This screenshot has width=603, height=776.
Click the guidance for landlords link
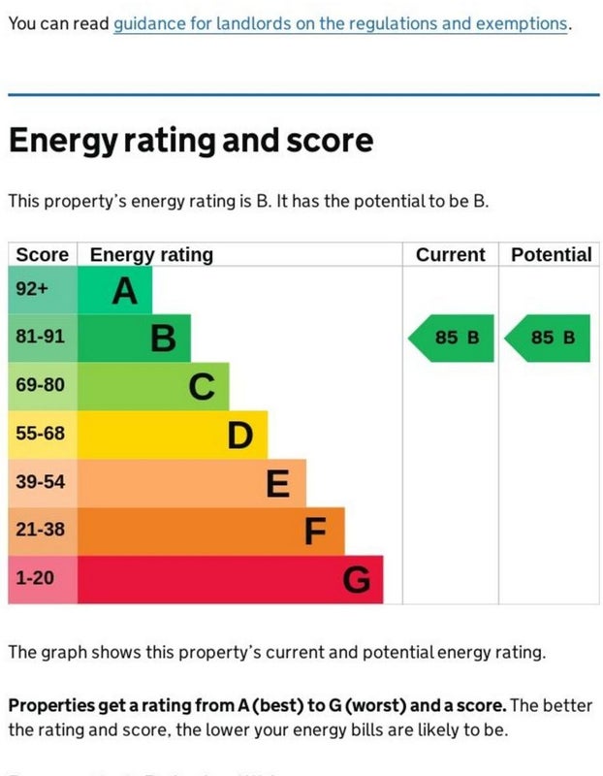(x=340, y=23)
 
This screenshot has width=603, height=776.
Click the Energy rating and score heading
(x=190, y=141)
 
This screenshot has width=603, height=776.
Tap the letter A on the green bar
(x=124, y=290)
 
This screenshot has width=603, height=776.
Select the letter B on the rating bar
(x=163, y=339)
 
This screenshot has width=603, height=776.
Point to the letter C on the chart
(x=201, y=387)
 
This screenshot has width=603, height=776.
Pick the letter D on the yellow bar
(x=240, y=436)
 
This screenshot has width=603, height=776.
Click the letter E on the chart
(x=278, y=483)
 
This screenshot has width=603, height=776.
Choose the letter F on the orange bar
(x=316, y=532)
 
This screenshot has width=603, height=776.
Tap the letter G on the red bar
(x=356, y=580)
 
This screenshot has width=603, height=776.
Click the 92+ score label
(x=32, y=289)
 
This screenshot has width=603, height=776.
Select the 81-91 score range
(x=40, y=337)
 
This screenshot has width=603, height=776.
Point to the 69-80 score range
(x=40, y=385)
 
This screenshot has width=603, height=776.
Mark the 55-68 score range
(x=40, y=434)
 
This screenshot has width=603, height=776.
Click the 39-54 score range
(x=40, y=481)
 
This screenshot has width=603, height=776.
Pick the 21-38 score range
(x=40, y=530)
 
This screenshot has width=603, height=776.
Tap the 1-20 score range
(x=35, y=578)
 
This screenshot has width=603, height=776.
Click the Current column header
(x=450, y=255)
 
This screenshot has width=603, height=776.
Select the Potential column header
(x=551, y=255)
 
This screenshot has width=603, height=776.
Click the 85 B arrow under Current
(x=452, y=338)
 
